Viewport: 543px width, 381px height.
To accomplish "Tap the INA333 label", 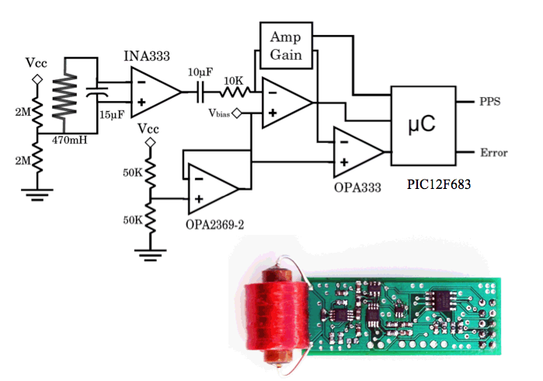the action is [147, 56].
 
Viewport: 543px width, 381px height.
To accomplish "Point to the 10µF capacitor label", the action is [200, 72].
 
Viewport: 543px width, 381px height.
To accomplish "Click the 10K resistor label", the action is [233, 81].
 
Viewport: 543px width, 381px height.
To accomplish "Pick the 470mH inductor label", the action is [70, 140].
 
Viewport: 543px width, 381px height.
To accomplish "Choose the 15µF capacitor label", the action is [112, 114].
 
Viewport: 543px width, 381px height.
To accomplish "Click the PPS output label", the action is [489, 102].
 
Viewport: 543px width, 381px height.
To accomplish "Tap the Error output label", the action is [494, 152].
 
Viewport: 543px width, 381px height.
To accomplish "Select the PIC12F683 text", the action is [439, 184].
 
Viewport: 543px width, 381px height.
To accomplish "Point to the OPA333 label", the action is [357, 187].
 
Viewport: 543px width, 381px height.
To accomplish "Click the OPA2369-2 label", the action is [214, 225].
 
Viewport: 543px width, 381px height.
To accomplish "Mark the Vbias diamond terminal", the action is [236, 113].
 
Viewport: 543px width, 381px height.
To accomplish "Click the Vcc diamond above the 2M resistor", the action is [37, 79].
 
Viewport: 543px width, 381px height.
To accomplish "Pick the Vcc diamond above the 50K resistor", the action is [150, 142].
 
